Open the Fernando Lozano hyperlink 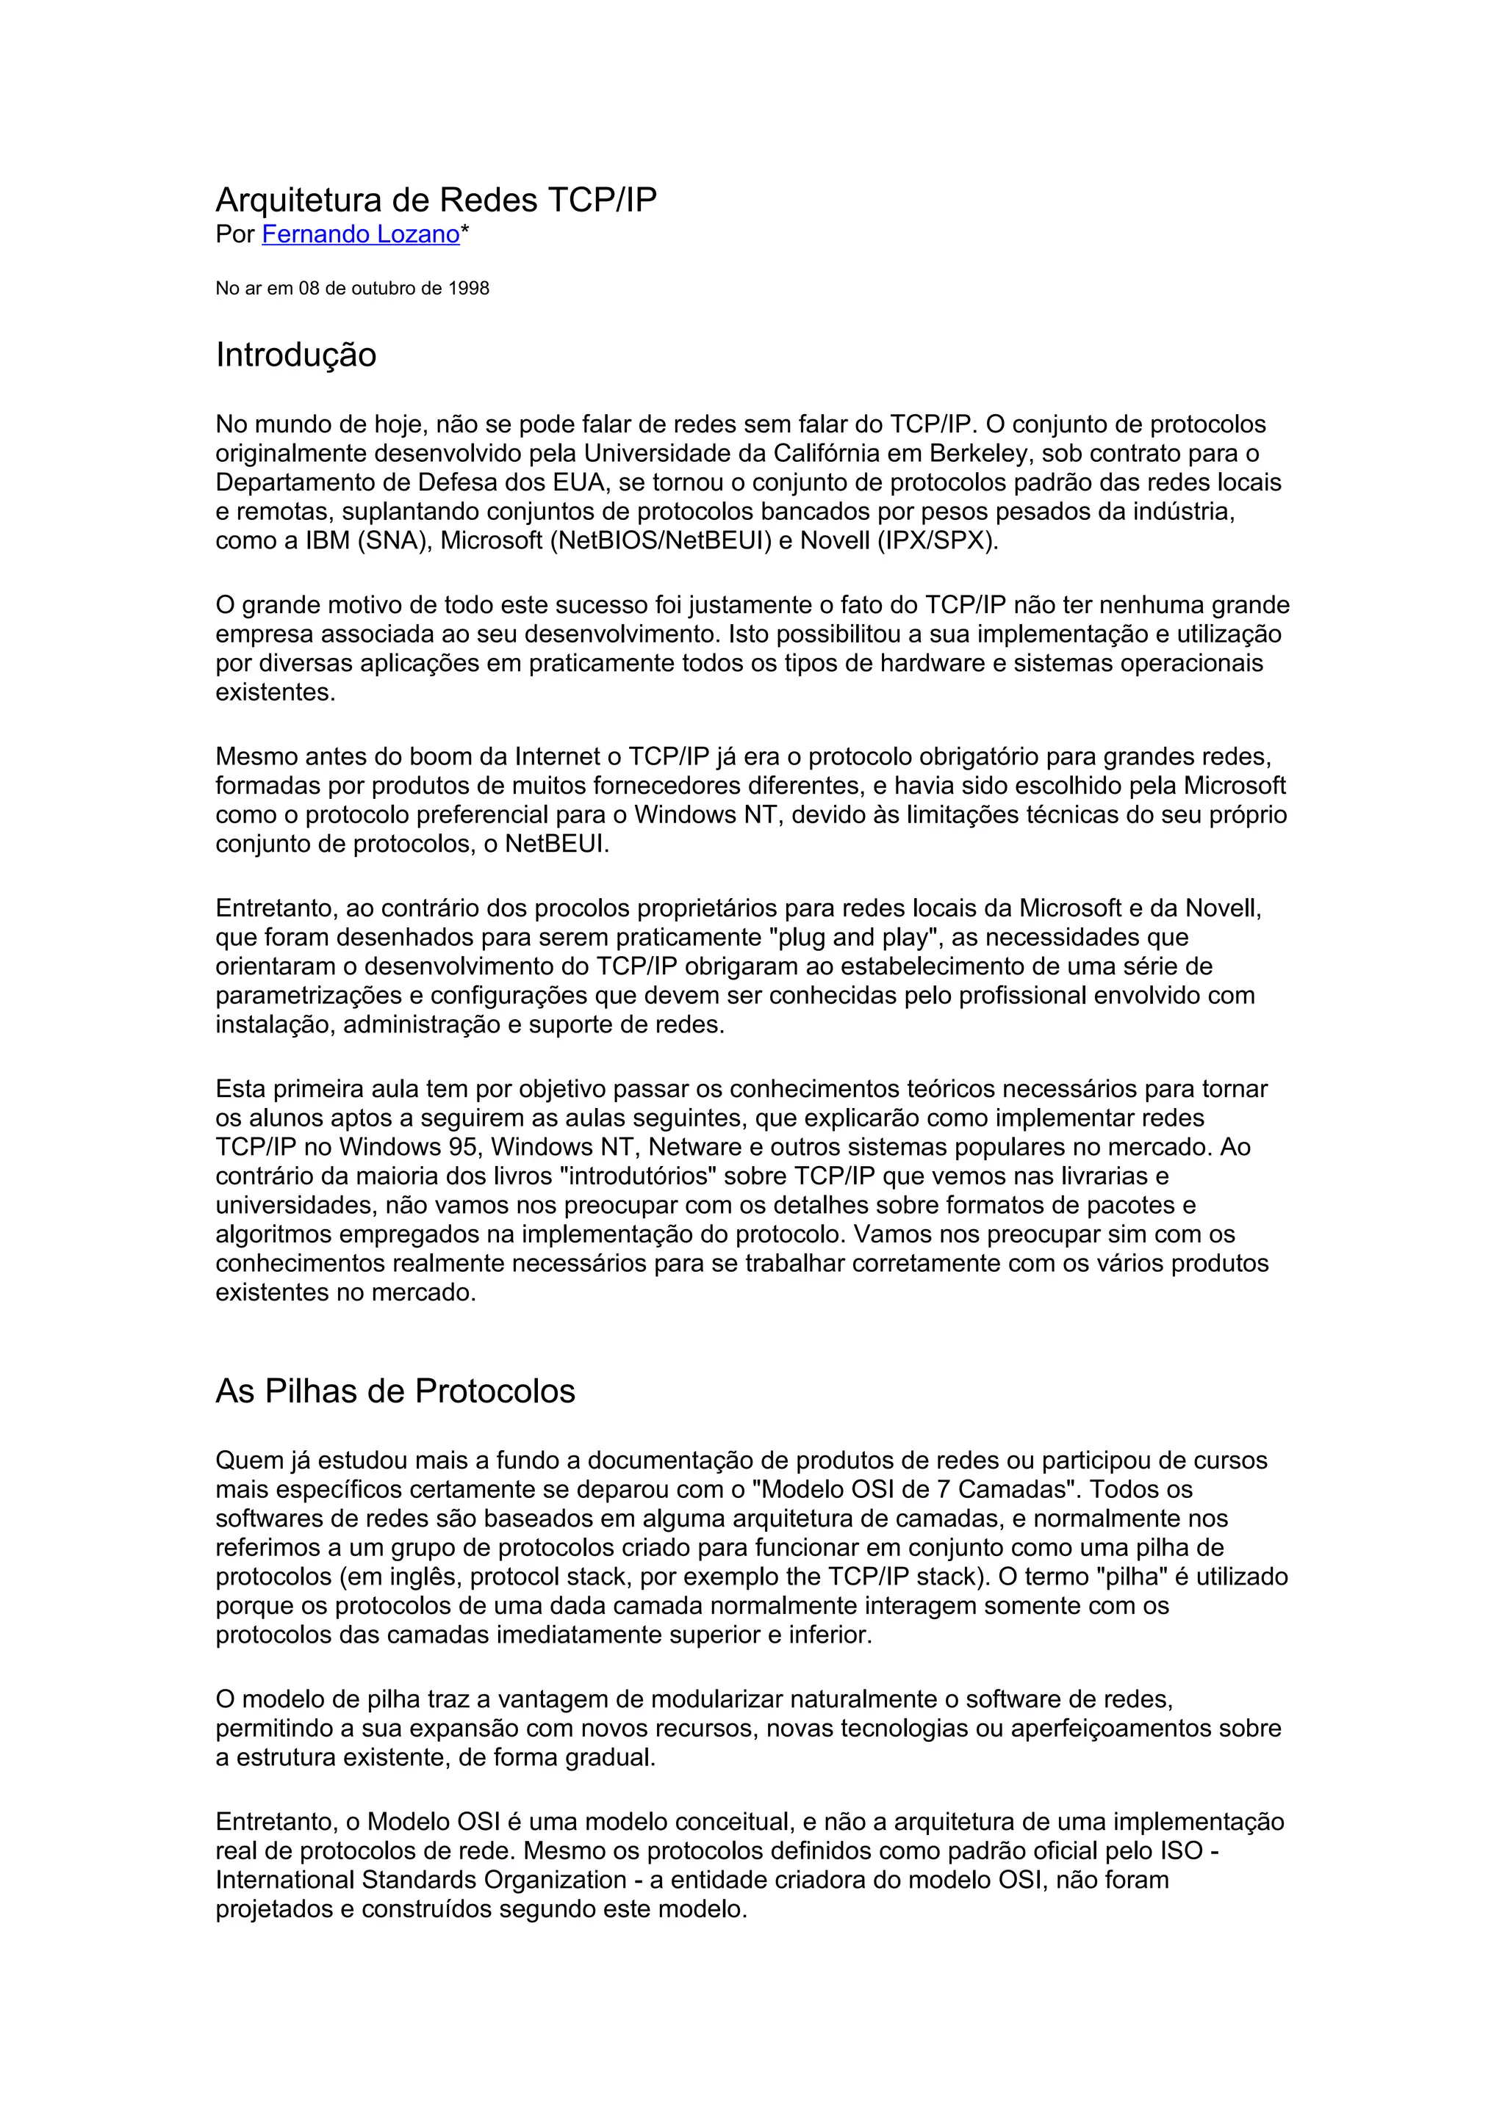[x=361, y=234]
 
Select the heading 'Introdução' [x=296, y=355]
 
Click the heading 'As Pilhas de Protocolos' [x=395, y=1391]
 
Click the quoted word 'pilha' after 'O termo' [x=1131, y=1577]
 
